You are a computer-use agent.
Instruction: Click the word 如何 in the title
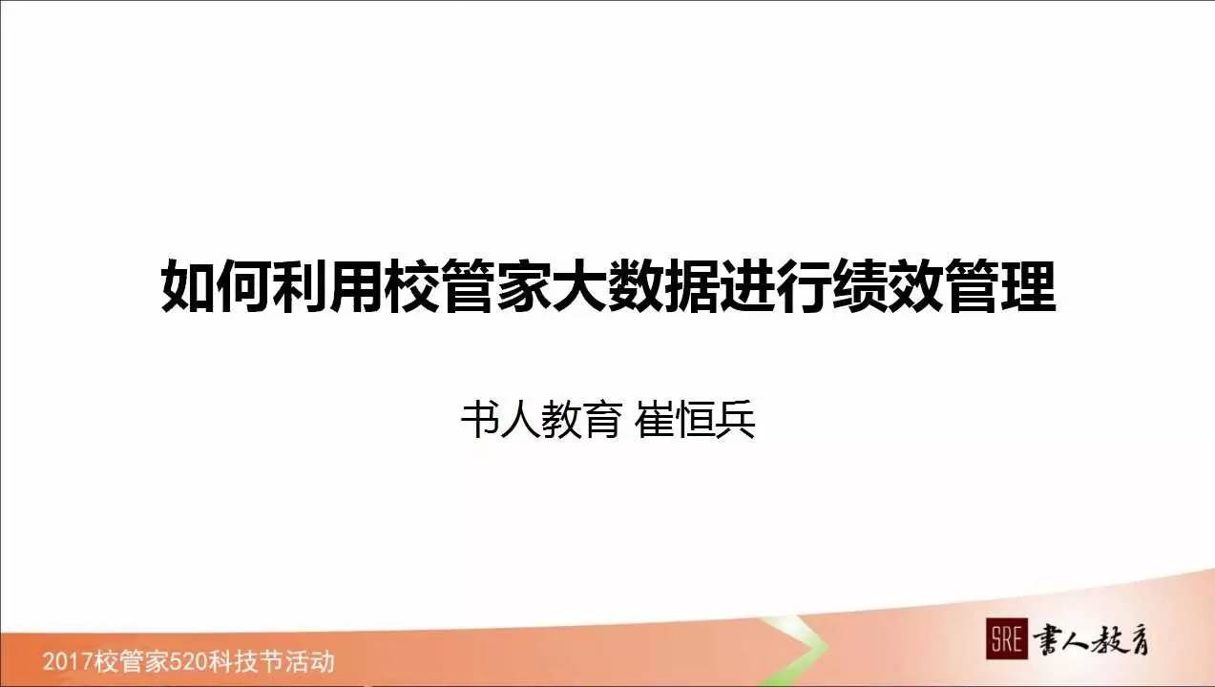point(216,285)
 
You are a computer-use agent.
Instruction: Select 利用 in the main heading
point(327,285)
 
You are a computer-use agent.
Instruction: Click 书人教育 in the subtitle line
point(540,421)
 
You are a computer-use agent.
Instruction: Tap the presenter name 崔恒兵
point(696,421)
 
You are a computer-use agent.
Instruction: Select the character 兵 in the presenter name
point(736,421)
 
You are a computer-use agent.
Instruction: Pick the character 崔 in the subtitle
point(656,421)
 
